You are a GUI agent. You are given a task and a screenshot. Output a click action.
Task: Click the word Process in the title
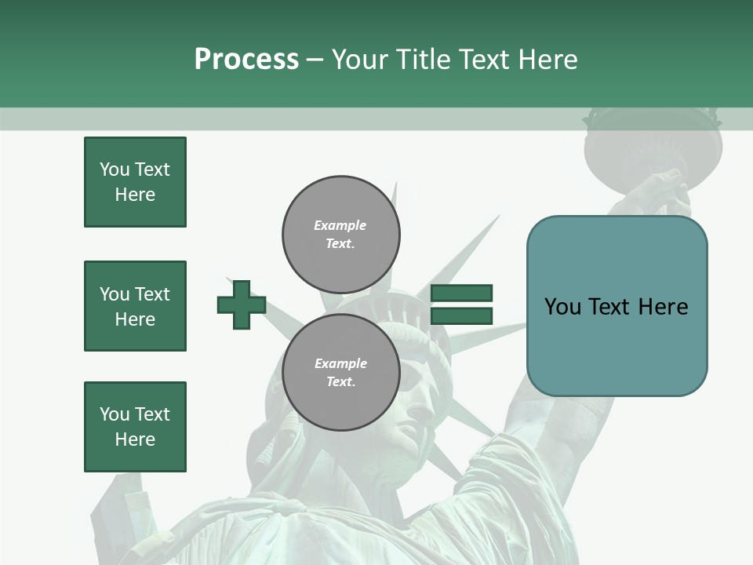tap(246, 59)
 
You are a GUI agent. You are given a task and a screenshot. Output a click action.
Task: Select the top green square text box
tap(135, 182)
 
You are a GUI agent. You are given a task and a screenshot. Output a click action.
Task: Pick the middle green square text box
tap(135, 306)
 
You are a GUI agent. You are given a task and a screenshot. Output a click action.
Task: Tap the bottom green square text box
tap(135, 427)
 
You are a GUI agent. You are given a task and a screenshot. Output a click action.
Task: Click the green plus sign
tap(242, 304)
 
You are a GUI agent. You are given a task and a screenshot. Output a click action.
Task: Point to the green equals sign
tap(461, 304)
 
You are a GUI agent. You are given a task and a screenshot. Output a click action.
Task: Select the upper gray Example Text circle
tap(341, 235)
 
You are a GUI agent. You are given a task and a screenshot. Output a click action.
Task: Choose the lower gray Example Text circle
tap(341, 373)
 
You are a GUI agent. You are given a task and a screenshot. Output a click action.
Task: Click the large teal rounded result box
tap(617, 306)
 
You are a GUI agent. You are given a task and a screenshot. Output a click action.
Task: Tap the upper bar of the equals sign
tap(461, 293)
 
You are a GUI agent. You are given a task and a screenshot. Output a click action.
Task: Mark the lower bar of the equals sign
tap(461, 315)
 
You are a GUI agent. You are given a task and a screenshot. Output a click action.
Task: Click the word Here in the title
tap(547, 59)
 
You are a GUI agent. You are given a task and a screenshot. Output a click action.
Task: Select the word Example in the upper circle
tap(340, 225)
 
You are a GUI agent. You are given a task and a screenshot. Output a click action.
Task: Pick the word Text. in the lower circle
tap(340, 382)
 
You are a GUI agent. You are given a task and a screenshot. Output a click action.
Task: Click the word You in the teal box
tap(563, 306)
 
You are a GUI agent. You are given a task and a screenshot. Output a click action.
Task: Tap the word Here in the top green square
tap(135, 195)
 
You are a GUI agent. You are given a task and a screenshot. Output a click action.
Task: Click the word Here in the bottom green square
tap(135, 439)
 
